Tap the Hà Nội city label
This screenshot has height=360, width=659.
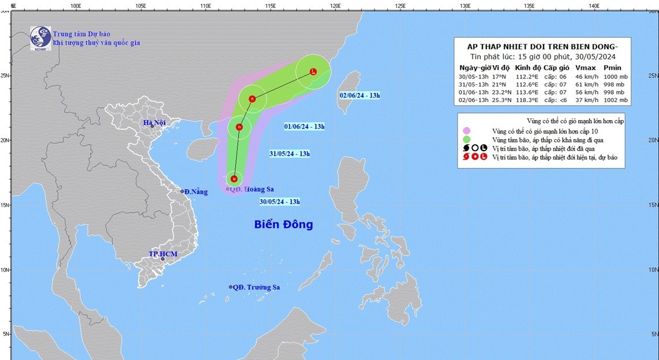pyautogui.click(x=155, y=122)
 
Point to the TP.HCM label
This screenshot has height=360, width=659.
pyautogui.click(x=162, y=254)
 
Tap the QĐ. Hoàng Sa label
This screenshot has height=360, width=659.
pyautogui.click(x=253, y=189)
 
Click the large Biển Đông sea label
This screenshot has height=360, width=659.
pyautogui.click(x=283, y=224)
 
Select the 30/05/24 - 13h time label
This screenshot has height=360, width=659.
pyautogui.click(x=279, y=201)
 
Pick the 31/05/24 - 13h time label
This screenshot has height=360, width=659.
pyautogui.click(x=289, y=153)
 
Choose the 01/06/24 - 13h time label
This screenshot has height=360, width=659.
pyautogui.click(x=304, y=126)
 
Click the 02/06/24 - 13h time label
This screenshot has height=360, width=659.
pyautogui.click(x=360, y=95)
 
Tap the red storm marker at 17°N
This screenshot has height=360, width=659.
pyautogui.click(x=234, y=178)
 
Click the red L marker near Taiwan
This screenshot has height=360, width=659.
pyautogui.click(x=313, y=72)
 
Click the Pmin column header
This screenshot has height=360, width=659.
pyautogui.click(x=612, y=67)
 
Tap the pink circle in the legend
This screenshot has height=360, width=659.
pyautogui.click(x=466, y=131)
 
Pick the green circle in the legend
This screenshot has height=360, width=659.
pyautogui.click(x=466, y=139)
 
